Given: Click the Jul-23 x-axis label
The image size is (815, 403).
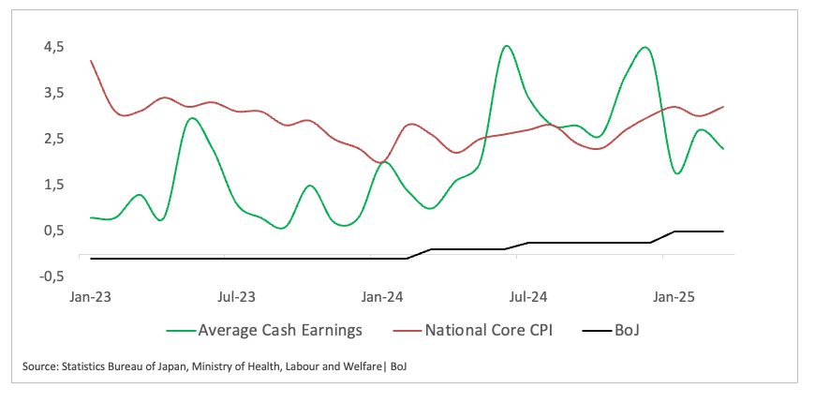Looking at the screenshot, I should click(x=236, y=297).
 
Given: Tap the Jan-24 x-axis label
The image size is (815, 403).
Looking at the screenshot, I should click(x=381, y=297).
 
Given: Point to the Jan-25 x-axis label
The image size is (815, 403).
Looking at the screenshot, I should click(x=674, y=297).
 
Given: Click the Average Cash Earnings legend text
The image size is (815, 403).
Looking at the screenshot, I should click(x=280, y=330).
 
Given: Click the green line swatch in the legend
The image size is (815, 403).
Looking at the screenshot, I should click(x=180, y=331).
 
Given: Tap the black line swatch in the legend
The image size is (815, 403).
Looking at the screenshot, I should click(x=598, y=331).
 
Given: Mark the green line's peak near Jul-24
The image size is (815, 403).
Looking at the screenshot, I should click(x=506, y=46).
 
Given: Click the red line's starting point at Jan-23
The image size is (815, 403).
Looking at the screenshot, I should click(x=91, y=61).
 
